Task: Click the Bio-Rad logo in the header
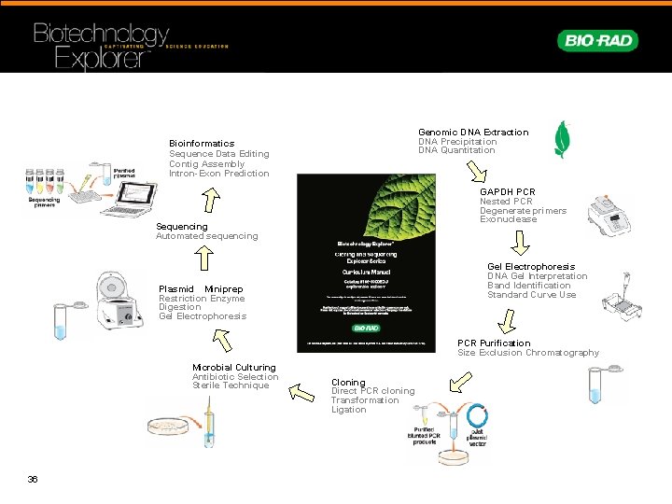(x=598, y=40)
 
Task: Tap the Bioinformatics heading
(x=202, y=144)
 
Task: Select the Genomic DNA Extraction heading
(x=472, y=133)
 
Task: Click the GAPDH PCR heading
(x=507, y=192)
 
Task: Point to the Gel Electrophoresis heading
(x=530, y=267)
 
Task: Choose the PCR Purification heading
(x=493, y=343)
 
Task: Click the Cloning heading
(x=348, y=383)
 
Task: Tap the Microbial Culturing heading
(x=233, y=368)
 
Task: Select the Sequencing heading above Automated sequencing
(x=182, y=227)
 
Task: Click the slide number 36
(x=33, y=479)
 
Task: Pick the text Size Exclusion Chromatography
(x=527, y=353)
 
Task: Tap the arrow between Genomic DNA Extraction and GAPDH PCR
(x=476, y=172)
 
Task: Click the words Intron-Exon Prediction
(x=218, y=174)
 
